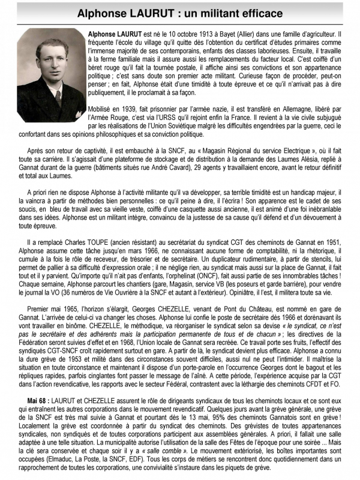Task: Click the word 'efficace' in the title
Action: coord(256,13)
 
